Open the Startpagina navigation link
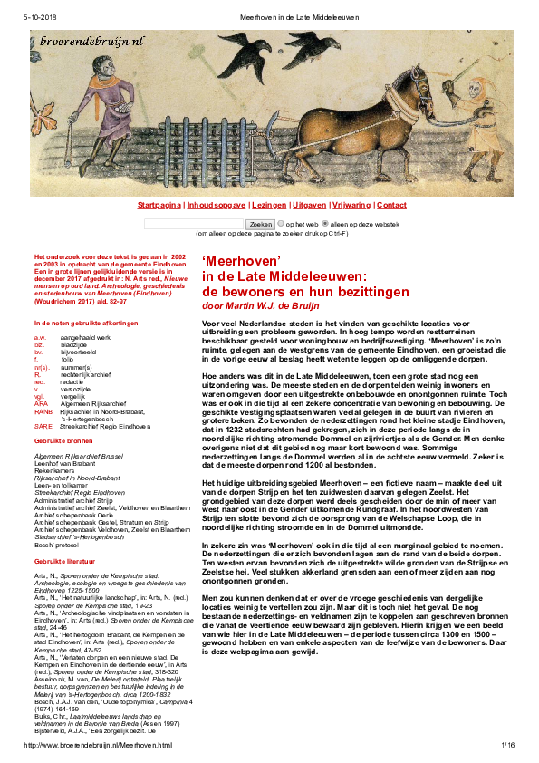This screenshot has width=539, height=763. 159,206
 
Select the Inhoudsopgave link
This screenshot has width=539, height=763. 216,206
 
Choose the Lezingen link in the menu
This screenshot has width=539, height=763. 269,206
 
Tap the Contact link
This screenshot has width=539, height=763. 392,206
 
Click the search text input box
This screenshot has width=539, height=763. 194,223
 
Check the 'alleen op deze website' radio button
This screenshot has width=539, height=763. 325,223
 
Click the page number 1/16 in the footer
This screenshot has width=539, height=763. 507,745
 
